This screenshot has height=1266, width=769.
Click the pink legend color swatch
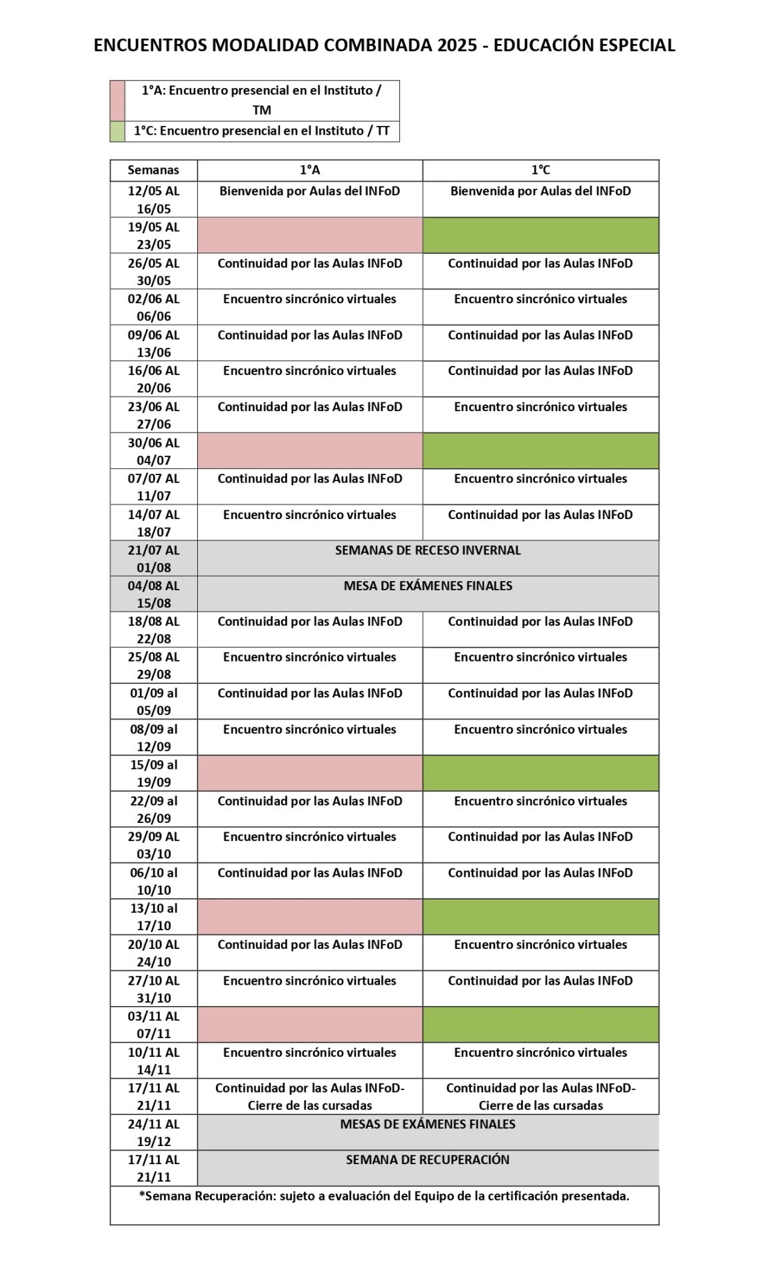coord(117,101)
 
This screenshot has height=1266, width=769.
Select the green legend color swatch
coord(117,131)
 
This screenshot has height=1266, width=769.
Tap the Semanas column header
coord(153,171)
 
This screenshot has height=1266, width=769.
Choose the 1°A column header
coord(310,171)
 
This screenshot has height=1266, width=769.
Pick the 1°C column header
coord(540,171)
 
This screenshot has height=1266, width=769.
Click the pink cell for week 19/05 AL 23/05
coord(310,235)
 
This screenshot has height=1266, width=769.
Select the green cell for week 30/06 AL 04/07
coord(540,451)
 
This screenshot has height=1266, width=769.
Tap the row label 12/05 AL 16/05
coord(153,199)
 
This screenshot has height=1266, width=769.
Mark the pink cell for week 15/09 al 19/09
coord(310,773)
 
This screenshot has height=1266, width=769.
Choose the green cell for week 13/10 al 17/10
coord(540,917)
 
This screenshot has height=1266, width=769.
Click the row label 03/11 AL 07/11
coord(153,1025)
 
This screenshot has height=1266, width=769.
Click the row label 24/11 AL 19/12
coord(153,1133)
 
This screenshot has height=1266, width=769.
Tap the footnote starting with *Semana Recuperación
coord(384,1197)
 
